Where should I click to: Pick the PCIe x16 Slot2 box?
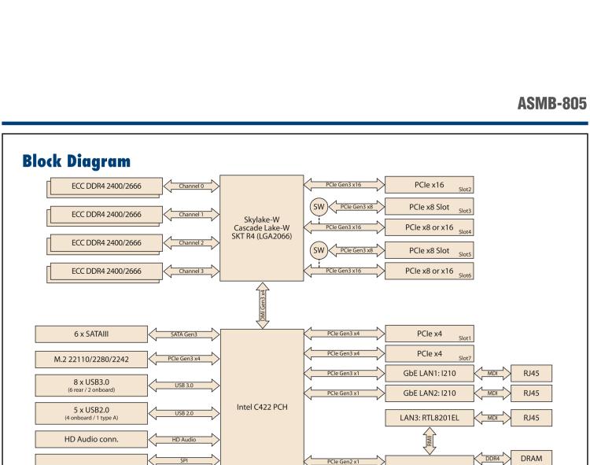pyautogui.click(x=428, y=186)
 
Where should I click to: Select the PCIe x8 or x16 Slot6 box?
pyautogui.click(x=428, y=271)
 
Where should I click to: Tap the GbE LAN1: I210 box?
pyautogui.click(x=428, y=370)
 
